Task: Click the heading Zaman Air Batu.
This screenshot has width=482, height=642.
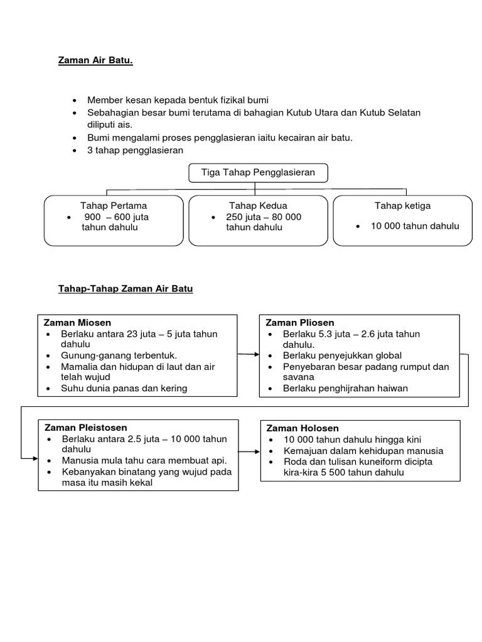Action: (x=95, y=61)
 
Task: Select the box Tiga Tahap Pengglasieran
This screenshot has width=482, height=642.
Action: (x=258, y=172)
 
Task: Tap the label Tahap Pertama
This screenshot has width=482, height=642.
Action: (x=114, y=206)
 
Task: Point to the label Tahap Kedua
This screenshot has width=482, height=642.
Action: (x=259, y=206)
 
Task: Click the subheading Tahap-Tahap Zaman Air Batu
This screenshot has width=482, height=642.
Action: (x=126, y=289)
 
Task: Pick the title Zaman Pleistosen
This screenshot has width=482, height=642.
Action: (x=85, y=428)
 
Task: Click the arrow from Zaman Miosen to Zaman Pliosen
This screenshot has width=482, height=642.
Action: (x=249, y=355)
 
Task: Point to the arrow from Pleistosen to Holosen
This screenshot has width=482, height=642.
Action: (x=249, y=452)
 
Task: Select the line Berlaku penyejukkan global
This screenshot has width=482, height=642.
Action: (x=342, y=355)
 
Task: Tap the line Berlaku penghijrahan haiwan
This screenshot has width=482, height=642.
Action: (x=345, y=388)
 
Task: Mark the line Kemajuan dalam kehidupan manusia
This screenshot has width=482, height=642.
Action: (x=363, y=451)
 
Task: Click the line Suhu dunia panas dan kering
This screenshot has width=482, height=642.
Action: (x=124, y=388)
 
